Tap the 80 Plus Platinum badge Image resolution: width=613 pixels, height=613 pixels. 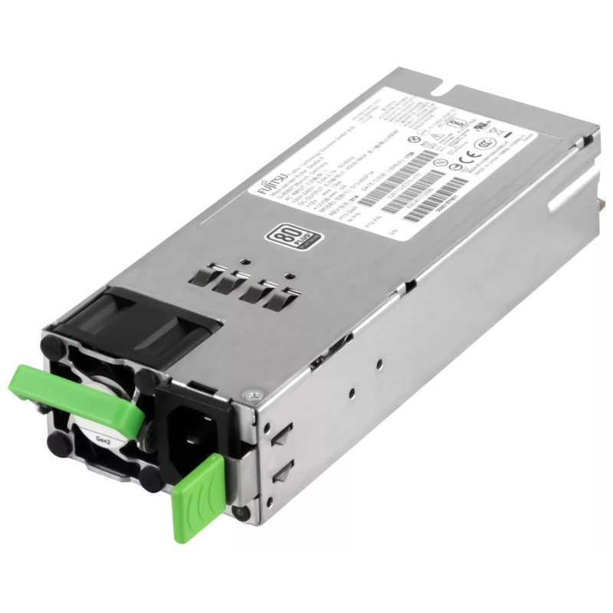[x=280, y=233]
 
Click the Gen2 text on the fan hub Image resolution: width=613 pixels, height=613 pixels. [x=100, y=442]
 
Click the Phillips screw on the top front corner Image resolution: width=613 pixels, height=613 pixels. [x=255, y=395]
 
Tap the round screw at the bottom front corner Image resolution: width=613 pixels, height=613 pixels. [x=244, y=513]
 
